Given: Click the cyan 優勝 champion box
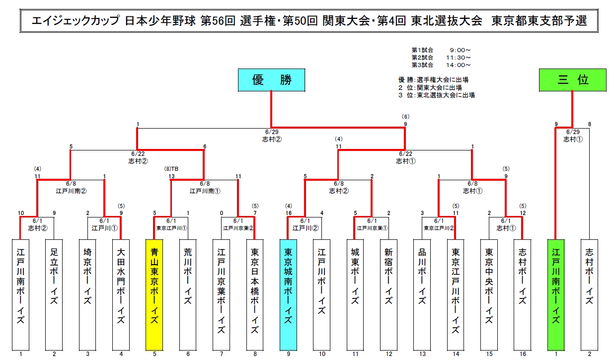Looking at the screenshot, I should click(271, 80).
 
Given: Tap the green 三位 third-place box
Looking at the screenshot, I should click(572, 80).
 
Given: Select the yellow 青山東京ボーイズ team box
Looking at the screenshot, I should click(154, 294).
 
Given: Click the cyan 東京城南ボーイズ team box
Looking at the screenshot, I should click(288, 294).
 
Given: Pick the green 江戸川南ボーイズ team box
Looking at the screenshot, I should click(556, 294).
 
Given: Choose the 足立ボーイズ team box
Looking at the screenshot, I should click(54, 294).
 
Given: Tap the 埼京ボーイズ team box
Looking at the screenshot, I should click(87, 294).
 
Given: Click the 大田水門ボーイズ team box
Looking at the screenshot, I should click(121, 294).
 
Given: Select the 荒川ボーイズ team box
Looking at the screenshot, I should click(188, 294).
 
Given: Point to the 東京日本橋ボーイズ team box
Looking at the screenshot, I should click(255, 294).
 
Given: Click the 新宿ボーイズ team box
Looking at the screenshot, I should click(388, 294).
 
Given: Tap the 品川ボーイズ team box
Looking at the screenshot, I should click(422, 294).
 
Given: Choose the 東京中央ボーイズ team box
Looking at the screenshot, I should click(489, 294).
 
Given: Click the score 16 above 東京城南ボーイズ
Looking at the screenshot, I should click(288, 214).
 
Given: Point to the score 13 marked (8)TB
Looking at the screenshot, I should click(171, 176).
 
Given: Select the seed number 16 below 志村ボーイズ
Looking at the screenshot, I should click(523, 354).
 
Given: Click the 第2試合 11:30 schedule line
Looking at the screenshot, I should click(441, 57).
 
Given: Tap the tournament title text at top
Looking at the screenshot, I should click(308, 21).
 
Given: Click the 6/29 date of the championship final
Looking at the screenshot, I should click(271, 132).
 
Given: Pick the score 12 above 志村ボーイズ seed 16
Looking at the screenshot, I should click(523, 214).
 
